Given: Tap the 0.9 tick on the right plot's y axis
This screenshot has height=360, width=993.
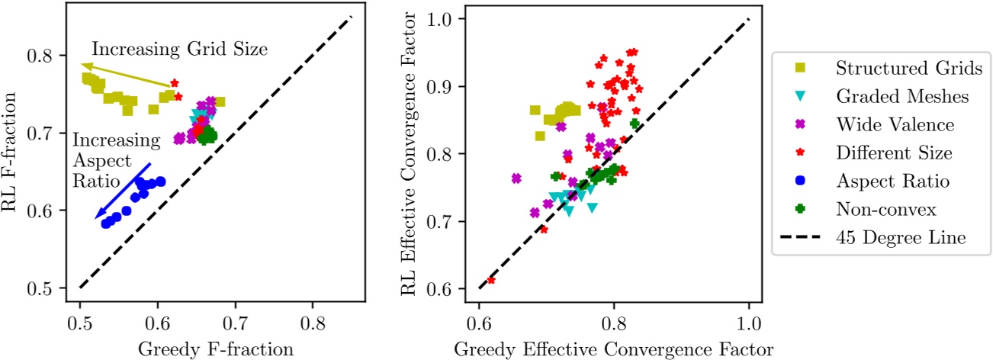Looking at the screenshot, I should click(439, 86).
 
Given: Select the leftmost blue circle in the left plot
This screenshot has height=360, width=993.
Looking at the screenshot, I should click(106, 223).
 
